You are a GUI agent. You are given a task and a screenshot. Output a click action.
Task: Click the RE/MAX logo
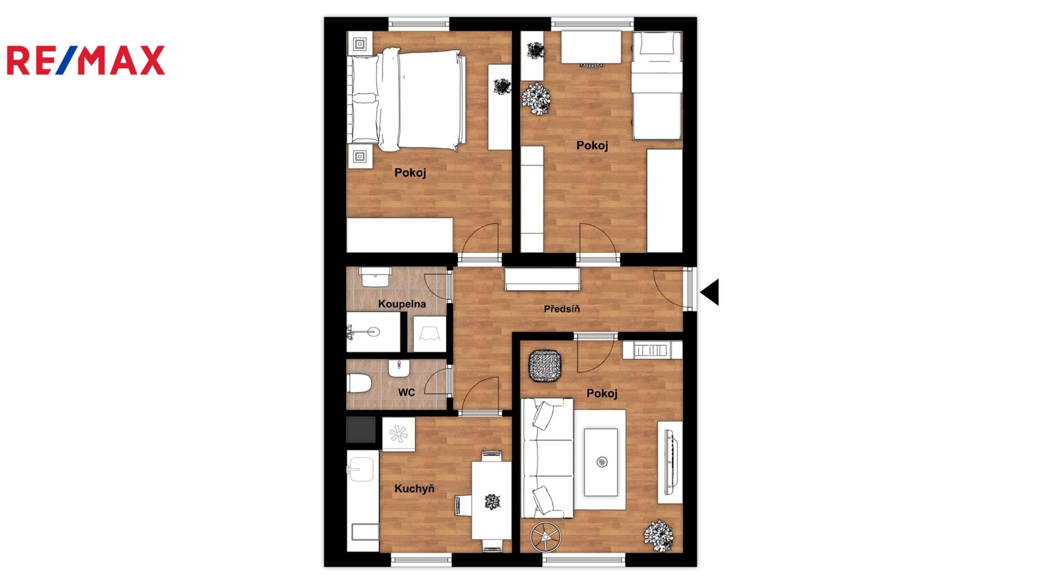coord(86,60)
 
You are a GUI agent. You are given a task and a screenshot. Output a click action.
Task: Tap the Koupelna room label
coord(402,304)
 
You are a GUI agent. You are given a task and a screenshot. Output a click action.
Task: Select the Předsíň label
coord(562,309)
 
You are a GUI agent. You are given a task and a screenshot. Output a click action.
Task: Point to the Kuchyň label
coord(414,489)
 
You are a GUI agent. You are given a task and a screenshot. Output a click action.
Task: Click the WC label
coord(407,393)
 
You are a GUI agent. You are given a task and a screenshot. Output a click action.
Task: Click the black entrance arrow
coord(710,292)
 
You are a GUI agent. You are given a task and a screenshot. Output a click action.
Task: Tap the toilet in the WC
coord(359,383)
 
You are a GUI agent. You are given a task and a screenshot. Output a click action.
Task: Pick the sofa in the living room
coord(548,458)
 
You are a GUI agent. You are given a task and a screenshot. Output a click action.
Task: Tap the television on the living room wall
coord(670,462)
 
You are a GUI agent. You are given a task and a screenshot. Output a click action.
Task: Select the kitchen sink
coord(361,469)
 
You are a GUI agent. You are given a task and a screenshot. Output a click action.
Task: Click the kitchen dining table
coord(492,500)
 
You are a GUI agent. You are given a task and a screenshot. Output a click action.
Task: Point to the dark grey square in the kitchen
coord(361,430)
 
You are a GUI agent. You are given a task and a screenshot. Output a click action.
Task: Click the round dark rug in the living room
coord(545,366)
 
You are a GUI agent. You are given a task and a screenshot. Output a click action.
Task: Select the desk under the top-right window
coord(592,47)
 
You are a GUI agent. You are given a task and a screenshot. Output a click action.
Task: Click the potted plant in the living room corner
coord(658,536)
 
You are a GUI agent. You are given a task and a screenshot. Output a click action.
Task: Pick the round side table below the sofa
coord(545,537)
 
